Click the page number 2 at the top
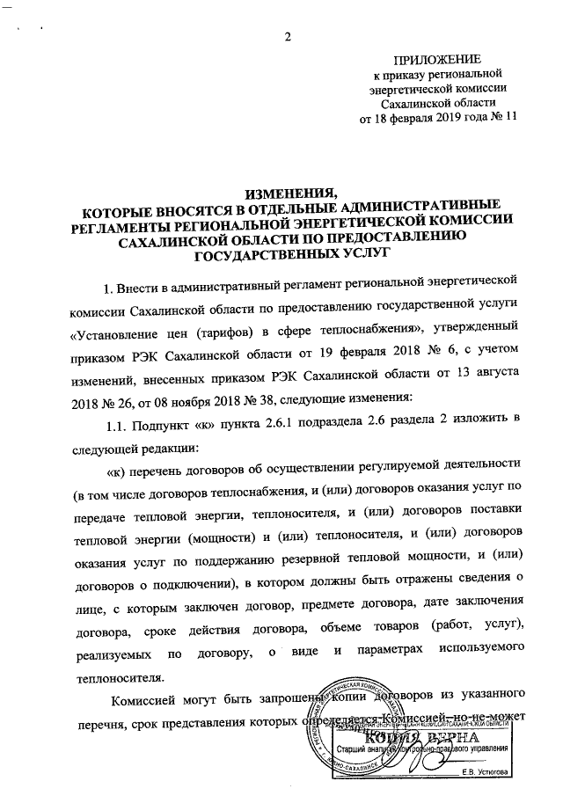coord(287,36)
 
